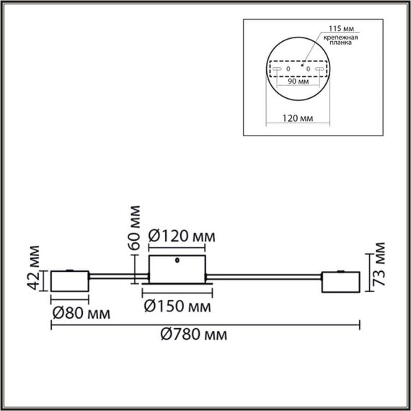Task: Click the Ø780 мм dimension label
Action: pos(191,336)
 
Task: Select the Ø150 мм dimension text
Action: pos(177,306)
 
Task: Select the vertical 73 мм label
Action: pos(381,268)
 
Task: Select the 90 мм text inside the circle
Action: pos(297,81)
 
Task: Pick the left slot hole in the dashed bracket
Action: pos(277,69)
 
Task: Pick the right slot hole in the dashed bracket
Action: pos(318,69)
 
